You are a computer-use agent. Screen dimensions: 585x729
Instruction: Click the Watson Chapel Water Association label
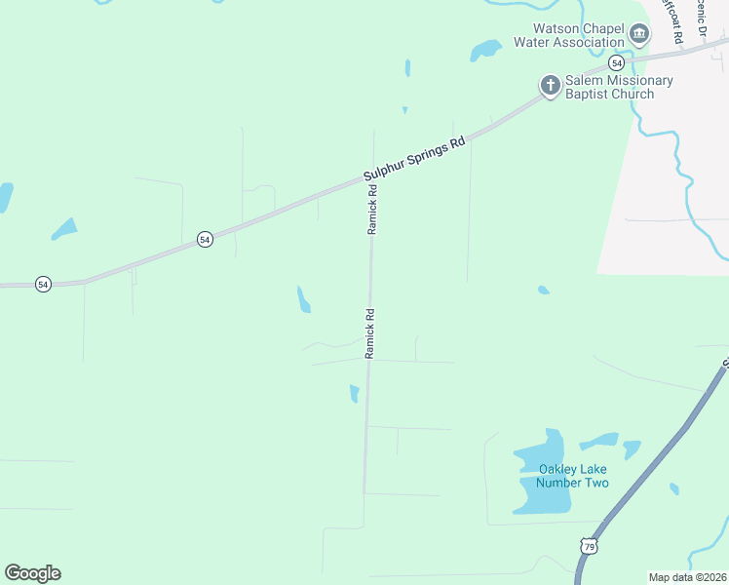[x=578, y=35]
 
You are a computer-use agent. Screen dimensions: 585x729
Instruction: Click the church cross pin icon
[x=551, y=86]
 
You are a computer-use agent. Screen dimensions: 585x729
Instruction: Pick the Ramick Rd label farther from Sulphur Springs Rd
[x=370, y=333]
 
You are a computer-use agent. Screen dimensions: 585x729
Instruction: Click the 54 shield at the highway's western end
[x=43, y=284]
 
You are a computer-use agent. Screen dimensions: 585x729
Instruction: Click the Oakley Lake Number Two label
[x=574, y=476]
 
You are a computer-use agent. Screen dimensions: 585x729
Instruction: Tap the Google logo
[x=33, y=573]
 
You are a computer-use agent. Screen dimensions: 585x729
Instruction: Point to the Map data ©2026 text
[x=688, y=577]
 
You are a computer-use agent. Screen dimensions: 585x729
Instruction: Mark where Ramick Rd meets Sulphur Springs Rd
[x=372, y=177]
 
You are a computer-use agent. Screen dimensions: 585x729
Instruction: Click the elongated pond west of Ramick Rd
[x=303, y=299]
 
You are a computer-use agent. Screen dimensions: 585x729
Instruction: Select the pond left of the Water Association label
[x=484, y=50]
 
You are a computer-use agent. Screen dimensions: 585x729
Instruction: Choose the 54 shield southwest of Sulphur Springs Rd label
[x=205, y=239]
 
